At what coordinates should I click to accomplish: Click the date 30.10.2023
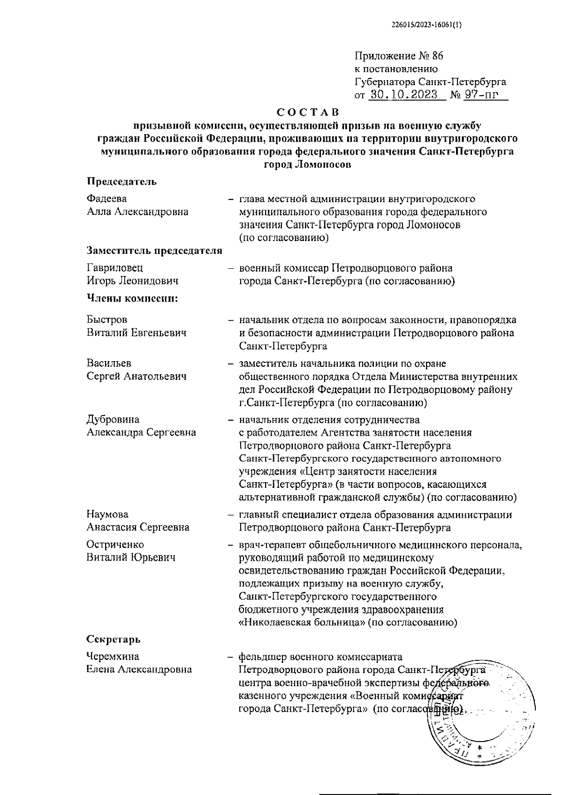(403, 95)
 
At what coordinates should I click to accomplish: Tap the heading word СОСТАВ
(307, 113)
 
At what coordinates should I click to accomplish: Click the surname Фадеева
(107, 199)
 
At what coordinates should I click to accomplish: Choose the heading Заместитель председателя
(154, 251)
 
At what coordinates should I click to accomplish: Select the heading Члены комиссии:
(132, 298)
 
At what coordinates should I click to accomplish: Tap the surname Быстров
(107, 320)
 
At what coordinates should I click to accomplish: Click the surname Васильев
(109, 363)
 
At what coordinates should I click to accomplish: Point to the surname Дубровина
(113, 419)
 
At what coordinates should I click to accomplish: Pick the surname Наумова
(107, 515)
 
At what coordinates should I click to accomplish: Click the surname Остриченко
(115, 545)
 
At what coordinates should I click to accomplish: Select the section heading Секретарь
(114, 639)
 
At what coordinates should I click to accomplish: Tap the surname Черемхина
(113, 657)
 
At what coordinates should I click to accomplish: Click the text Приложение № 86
(399, 56)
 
